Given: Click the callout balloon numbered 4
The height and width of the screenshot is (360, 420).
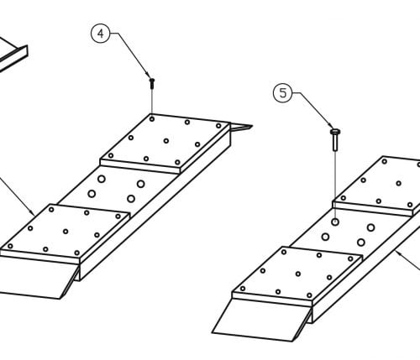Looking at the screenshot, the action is (100, 34).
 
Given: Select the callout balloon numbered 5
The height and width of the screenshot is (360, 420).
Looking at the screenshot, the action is (282, 93).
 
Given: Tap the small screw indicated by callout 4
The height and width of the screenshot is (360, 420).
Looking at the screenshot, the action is (152, 84).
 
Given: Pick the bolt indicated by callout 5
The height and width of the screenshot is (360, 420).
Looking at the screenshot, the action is (335, 139).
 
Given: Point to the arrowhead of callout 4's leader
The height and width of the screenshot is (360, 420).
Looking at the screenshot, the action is (150, 75).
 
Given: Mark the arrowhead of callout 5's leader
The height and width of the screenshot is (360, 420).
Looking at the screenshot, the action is (331, 126).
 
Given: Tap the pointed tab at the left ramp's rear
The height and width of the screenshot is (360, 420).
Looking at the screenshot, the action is (241, 128).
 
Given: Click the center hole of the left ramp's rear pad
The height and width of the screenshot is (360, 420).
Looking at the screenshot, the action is (166, 141).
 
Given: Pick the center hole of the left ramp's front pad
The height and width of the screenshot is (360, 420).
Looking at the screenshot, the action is (66, 232).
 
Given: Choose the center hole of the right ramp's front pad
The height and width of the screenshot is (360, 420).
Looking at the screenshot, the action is (298, 274).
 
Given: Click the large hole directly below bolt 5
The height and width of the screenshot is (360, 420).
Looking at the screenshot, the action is (335, 222).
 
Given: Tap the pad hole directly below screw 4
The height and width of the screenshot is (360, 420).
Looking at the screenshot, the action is (152, 119).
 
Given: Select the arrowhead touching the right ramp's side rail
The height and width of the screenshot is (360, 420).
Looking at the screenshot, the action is (399, 253).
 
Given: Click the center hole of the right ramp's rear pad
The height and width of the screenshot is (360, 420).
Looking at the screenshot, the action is (398, 184).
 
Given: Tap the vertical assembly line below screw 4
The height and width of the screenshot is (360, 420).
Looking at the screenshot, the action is (152, 101).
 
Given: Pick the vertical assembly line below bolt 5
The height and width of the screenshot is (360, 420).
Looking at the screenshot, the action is (335, 185).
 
